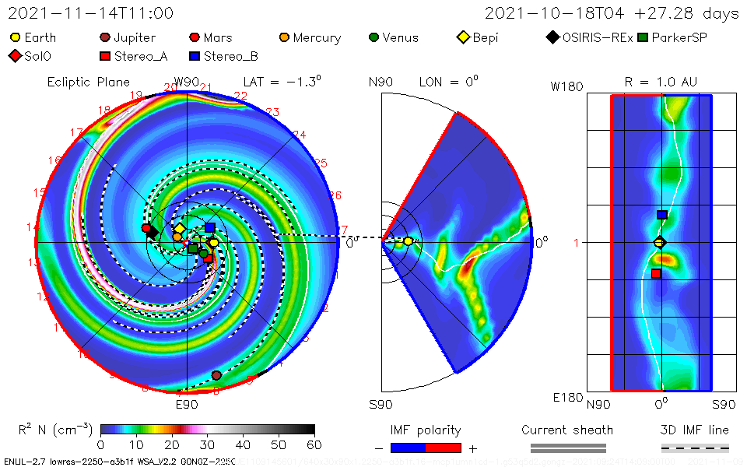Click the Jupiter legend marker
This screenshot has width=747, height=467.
(105, 37)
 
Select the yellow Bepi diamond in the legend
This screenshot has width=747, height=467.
(463, 37)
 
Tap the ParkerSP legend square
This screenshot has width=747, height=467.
(642, 37)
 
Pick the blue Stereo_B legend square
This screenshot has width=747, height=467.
(195, 56)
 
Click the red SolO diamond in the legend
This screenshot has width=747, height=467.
(15, 56)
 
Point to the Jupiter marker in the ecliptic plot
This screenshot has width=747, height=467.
(216, 375)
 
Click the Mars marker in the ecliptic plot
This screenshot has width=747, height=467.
(146, 228)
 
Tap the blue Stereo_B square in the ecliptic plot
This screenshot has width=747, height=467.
(210, 228)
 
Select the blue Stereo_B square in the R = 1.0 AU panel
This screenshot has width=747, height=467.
(662, 215)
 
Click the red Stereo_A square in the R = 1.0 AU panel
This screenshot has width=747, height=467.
(656, 273)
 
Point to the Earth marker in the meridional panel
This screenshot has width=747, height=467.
(409, 241)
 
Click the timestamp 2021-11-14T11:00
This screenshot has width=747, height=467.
(91, 14)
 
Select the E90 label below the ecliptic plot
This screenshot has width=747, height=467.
(187, 404)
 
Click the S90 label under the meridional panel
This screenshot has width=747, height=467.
(381, 404)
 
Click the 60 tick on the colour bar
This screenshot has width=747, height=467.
(314, 444)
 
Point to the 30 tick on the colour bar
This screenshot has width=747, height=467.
(208, 444)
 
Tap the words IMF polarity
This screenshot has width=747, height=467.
(426, 430)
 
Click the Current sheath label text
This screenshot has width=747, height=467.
(567, 430)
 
